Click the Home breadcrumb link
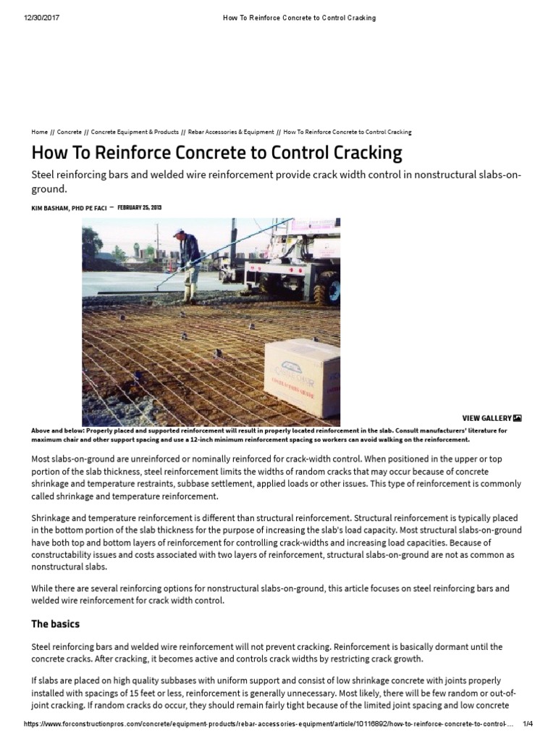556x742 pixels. pyautogui.click(x=39, y=133)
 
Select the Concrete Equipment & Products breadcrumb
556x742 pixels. pyautogui.click(x=135, y=133)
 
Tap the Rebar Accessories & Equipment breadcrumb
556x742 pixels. pyautogui.click(x=231, y=133)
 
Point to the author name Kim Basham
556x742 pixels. pyautogui.click(x=69, y=208)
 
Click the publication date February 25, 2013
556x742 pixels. pyautogui.click(x=139, y=208)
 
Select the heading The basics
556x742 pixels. pyautogui.click(x=55, y=624)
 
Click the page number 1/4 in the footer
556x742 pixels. pyautogui.click(x=527, y=725)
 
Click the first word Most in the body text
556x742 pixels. pyautogui.click(x=42, y=459)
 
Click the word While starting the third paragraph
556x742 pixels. pyautogui.click(x=43, y=588)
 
